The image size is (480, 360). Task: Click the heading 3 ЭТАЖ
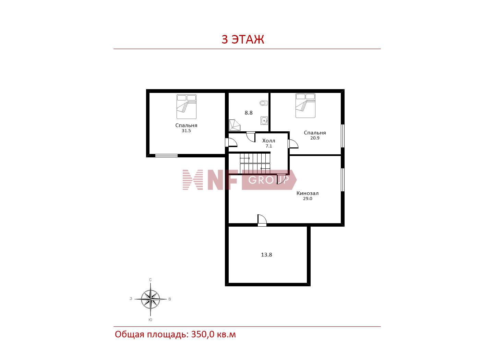[243, 39]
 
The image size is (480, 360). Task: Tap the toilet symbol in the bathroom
[264, 103]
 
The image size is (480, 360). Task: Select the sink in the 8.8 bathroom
[264, 120]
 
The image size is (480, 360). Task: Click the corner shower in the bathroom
[235, 125]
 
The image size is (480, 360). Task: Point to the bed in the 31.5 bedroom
[186, 107]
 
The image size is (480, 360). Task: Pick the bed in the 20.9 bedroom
[305, 106]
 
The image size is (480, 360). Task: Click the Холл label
[268, 141]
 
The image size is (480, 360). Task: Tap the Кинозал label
[308, 193]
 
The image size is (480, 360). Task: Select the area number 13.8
[266, 255]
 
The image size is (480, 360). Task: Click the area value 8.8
[249, 113]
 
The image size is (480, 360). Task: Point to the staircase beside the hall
[255, 163]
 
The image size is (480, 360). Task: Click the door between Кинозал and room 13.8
[262, 220]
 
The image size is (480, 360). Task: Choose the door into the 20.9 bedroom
[293, 144]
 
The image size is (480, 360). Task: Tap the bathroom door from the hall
[251, 136]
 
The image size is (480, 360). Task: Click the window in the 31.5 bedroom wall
[166, 156]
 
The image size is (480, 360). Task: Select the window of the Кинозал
[343, 180]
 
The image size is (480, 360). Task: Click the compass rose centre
[151, 299]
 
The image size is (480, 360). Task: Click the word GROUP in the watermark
[269, 180]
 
